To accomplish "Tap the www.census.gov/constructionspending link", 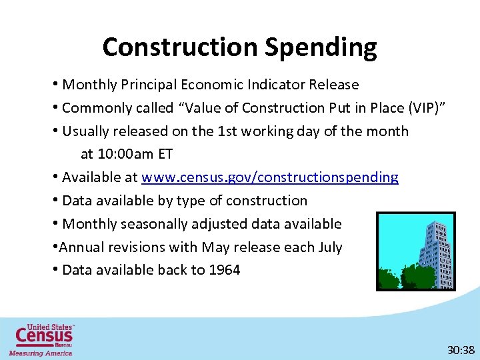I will (x=270, y=177).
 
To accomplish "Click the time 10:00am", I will (x=135, y=154).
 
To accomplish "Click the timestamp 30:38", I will (x=461, y=349).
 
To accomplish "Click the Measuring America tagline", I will (x=41, y=353).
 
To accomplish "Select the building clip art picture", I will (x=415, y=251).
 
